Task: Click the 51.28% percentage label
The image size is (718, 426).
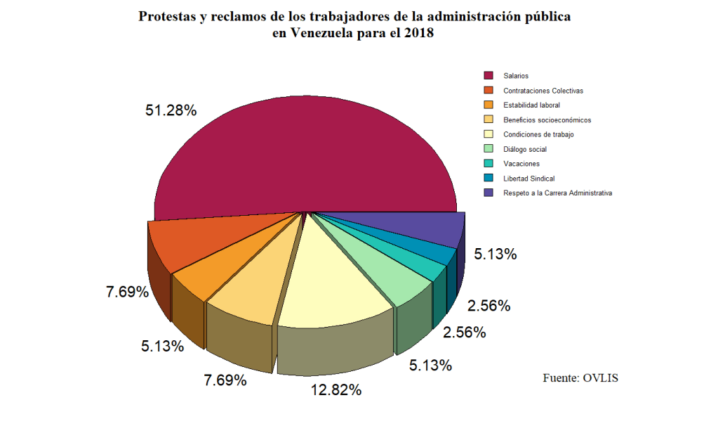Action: click(x=171, y=110)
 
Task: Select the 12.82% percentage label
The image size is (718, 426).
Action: click(x=337, y=389)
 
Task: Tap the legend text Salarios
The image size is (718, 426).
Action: click(x=516, y=75)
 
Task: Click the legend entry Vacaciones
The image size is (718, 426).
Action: click(x=521, y=164)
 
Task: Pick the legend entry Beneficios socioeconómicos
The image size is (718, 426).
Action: click(x=547, y=120)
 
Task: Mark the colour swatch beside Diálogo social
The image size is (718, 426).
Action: click(x=488, y=149)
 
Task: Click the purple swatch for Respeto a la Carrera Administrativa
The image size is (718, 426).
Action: click(x=488, y=193)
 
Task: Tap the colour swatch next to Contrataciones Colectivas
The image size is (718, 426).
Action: click(x=488, y=90)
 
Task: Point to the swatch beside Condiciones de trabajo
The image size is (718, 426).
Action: click(x=488, y=134)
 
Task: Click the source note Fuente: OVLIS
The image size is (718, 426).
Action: click(x=580, y=378)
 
